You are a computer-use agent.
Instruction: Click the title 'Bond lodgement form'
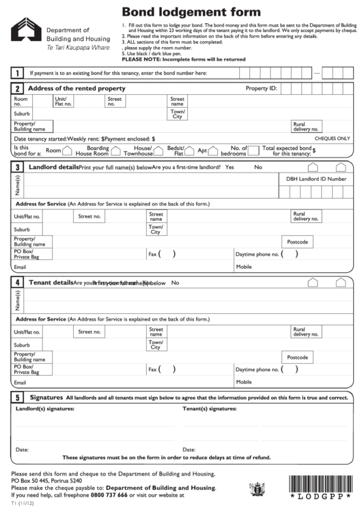tap(191, 12)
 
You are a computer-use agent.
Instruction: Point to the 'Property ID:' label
tap(261, 89)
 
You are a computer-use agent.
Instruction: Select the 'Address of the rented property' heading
tap(76, 89)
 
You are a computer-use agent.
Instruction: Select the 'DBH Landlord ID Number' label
tap(316, 179)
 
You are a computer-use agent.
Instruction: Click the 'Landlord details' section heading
tap(52, 166)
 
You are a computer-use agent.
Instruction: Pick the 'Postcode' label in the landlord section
tap(298, 242)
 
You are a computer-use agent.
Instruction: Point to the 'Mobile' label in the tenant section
tap(244, 382)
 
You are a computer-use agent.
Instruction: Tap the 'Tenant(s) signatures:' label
tap(209, 409)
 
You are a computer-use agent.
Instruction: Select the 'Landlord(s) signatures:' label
tap(45, 409)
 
